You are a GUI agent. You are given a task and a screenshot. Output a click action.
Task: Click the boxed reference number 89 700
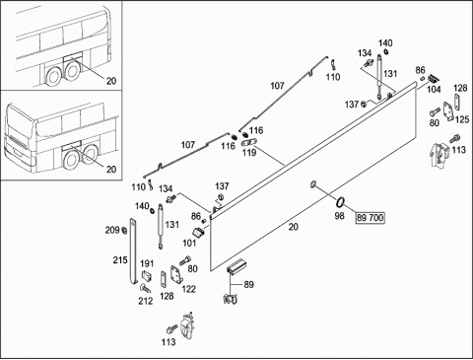click(371, 218)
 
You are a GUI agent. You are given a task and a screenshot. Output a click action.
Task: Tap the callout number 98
click(339, 216)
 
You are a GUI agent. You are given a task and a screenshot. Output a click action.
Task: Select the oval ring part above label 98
click(340, 201)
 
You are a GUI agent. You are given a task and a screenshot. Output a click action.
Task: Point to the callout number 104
click(434, 89)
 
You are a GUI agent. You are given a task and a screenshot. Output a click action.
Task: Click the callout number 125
click(462, 119)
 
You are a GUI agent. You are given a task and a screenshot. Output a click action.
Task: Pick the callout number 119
click(249, 153)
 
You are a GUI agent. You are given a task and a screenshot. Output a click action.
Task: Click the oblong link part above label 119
click(249, 143)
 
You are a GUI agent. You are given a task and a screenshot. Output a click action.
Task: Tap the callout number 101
click(189, 244)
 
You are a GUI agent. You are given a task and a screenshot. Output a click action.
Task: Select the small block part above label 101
click(199, 232)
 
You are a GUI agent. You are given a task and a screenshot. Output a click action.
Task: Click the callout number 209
click(112, 230)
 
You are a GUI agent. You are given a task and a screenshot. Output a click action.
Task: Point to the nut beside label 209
click(125, 230)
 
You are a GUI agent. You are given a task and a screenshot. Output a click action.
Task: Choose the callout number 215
click(120, 260)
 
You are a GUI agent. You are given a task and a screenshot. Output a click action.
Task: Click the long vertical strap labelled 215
click(133, 251)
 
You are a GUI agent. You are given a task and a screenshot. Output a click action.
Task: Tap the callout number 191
click(147, 263)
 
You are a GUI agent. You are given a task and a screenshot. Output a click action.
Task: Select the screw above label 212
click(146, 288)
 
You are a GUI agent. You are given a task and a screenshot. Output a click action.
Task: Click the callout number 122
click(188, 289)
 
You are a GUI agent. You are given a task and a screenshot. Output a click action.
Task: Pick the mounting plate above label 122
click(176, 275)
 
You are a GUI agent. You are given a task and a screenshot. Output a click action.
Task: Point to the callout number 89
click(249, 284)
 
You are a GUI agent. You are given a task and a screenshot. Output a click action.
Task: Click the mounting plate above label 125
click(448, 111)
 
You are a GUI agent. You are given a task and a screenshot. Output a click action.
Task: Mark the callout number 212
click(146, 301)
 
